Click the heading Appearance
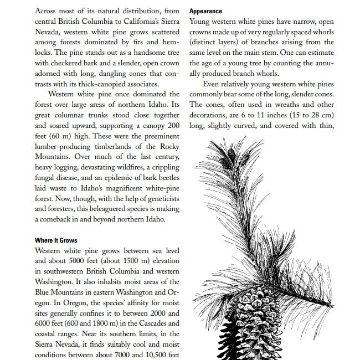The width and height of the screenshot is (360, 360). [205, 11]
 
